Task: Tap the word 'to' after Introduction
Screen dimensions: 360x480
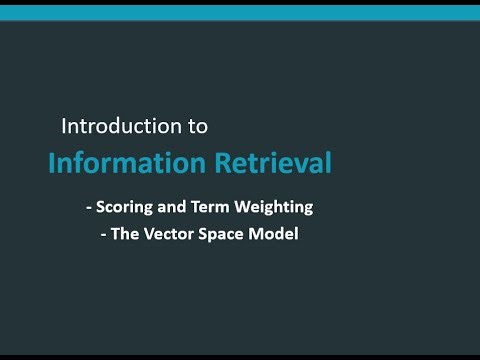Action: tap(197, 127)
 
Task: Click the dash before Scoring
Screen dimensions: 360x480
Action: tap(90, 208)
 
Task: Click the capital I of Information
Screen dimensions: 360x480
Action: tap(52, 162)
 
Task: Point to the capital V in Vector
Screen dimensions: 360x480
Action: tap(147, 237)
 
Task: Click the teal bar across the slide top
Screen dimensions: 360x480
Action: tap(240, 12)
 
